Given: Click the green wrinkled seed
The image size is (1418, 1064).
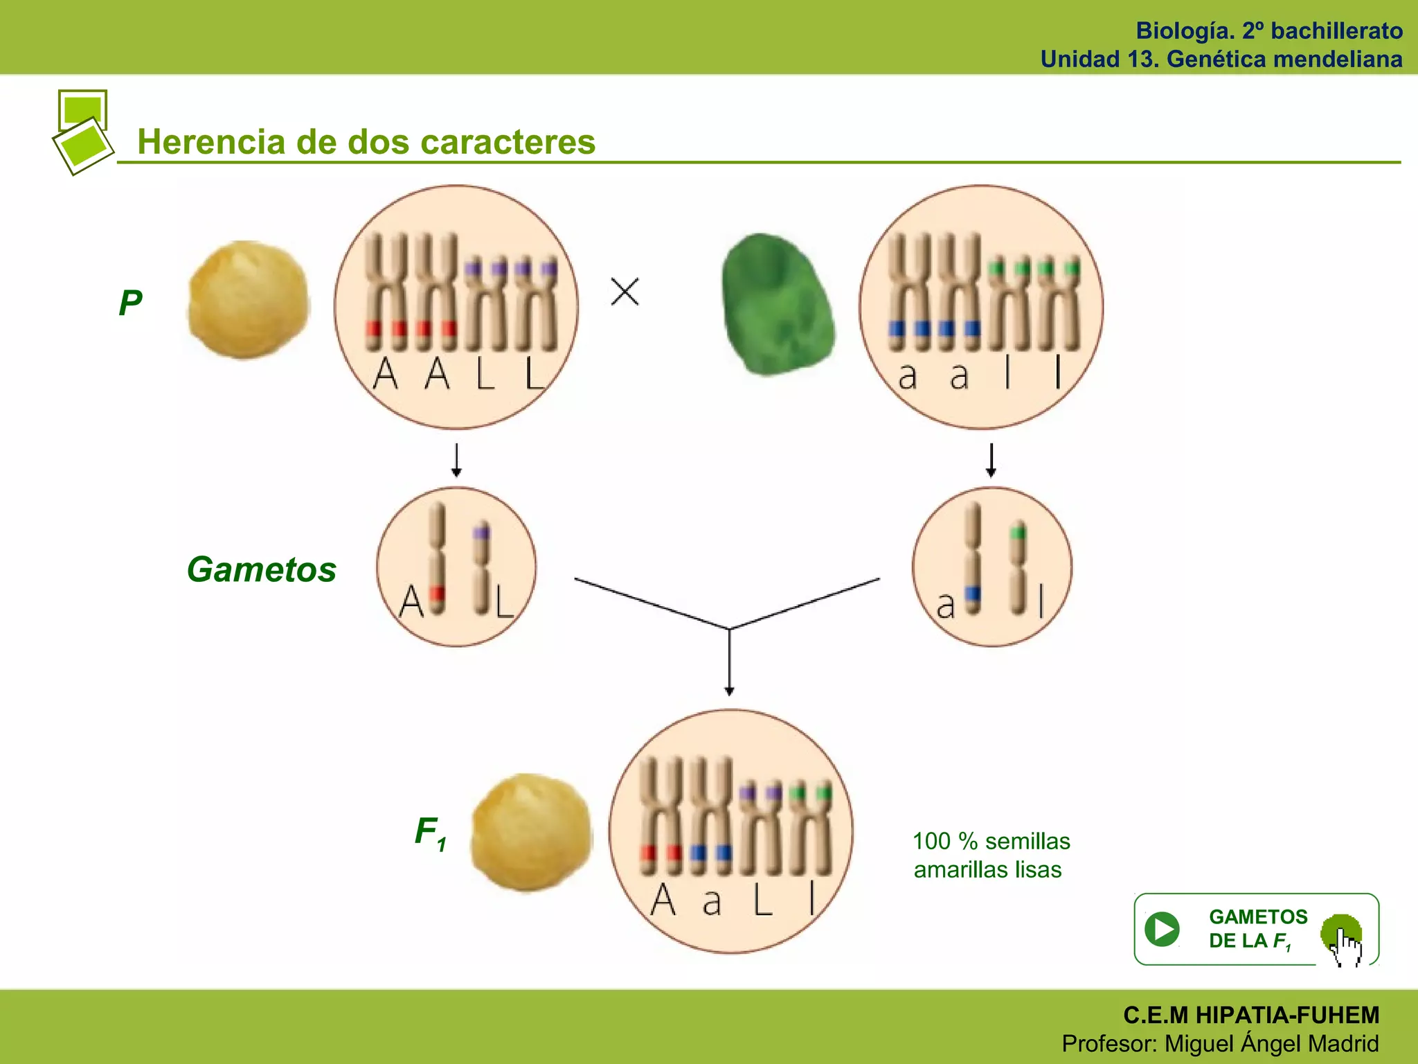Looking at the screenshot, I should click(777, 305).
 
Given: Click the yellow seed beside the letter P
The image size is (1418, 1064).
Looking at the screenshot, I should click(249, 299).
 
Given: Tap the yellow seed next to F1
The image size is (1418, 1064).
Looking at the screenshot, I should click(531, 832).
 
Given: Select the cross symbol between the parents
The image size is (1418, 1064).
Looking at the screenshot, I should click(625, 292).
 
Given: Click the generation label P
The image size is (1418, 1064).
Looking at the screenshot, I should click(130, 303).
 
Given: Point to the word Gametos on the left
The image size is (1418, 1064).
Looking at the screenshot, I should click(262, 569).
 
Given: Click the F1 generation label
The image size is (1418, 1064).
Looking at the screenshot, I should click(430, 832).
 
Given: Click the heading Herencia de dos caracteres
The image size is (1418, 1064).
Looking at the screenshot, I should click(366, 142).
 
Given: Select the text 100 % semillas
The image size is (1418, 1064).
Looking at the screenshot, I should click(991, 841).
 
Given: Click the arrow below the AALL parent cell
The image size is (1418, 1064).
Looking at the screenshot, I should click(456, 460).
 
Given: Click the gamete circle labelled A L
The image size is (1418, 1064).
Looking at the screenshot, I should click(456, 567).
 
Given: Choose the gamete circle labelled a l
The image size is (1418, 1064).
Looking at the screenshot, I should click(991, 567).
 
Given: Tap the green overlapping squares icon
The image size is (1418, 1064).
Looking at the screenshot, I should click(83, 132).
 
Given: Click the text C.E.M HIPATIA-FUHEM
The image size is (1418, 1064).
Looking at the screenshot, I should click(1251, 1015).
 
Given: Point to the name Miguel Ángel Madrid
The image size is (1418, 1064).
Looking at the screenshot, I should click(1271, 1043).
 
